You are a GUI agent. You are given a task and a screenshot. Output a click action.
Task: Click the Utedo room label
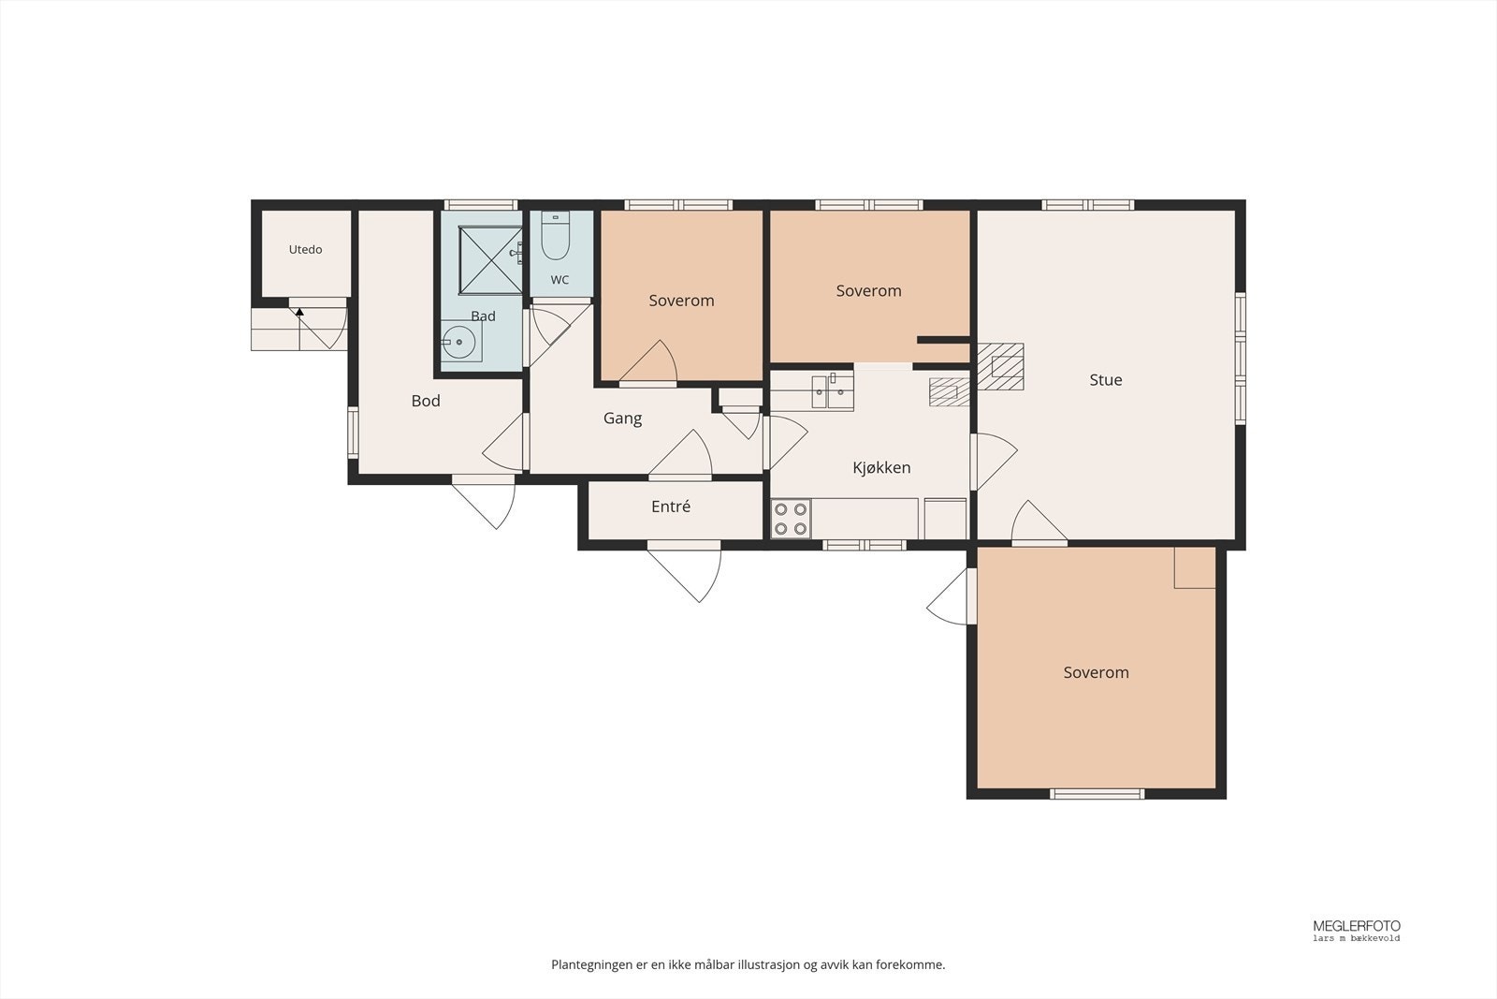(x=305, y=249)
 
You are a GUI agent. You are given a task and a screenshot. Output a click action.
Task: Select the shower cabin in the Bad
(x=490, y=260)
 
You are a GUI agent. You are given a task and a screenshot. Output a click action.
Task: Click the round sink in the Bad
(x=459, y=342)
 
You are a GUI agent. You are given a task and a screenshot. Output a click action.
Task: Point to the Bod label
(x=426, y=401)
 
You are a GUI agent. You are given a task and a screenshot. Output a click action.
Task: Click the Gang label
(x=622, y=419)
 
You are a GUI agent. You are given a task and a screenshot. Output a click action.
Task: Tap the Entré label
(x=670, y=507)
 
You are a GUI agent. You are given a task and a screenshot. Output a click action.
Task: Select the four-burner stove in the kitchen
(x=791, y=518)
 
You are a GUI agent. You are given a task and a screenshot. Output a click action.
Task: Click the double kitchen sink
(x=833, y=391)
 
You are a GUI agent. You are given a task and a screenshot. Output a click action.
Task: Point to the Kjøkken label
(x=881, y=467)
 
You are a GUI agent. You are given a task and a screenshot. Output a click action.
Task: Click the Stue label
(x=1105, y=380)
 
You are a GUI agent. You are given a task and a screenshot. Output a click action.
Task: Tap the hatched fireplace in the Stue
(x=1000, y=366)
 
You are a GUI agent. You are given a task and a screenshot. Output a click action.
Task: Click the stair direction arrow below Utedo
(x=299, y=312)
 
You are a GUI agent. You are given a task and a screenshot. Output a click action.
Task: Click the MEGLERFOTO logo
(x=1356, y=930)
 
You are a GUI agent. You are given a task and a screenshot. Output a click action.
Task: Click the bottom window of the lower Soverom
(x=1097, y=794)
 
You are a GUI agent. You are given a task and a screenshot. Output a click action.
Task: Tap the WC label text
(x=560, y=280)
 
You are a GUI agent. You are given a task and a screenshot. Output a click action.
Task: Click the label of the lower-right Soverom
(x=1096, y=672)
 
